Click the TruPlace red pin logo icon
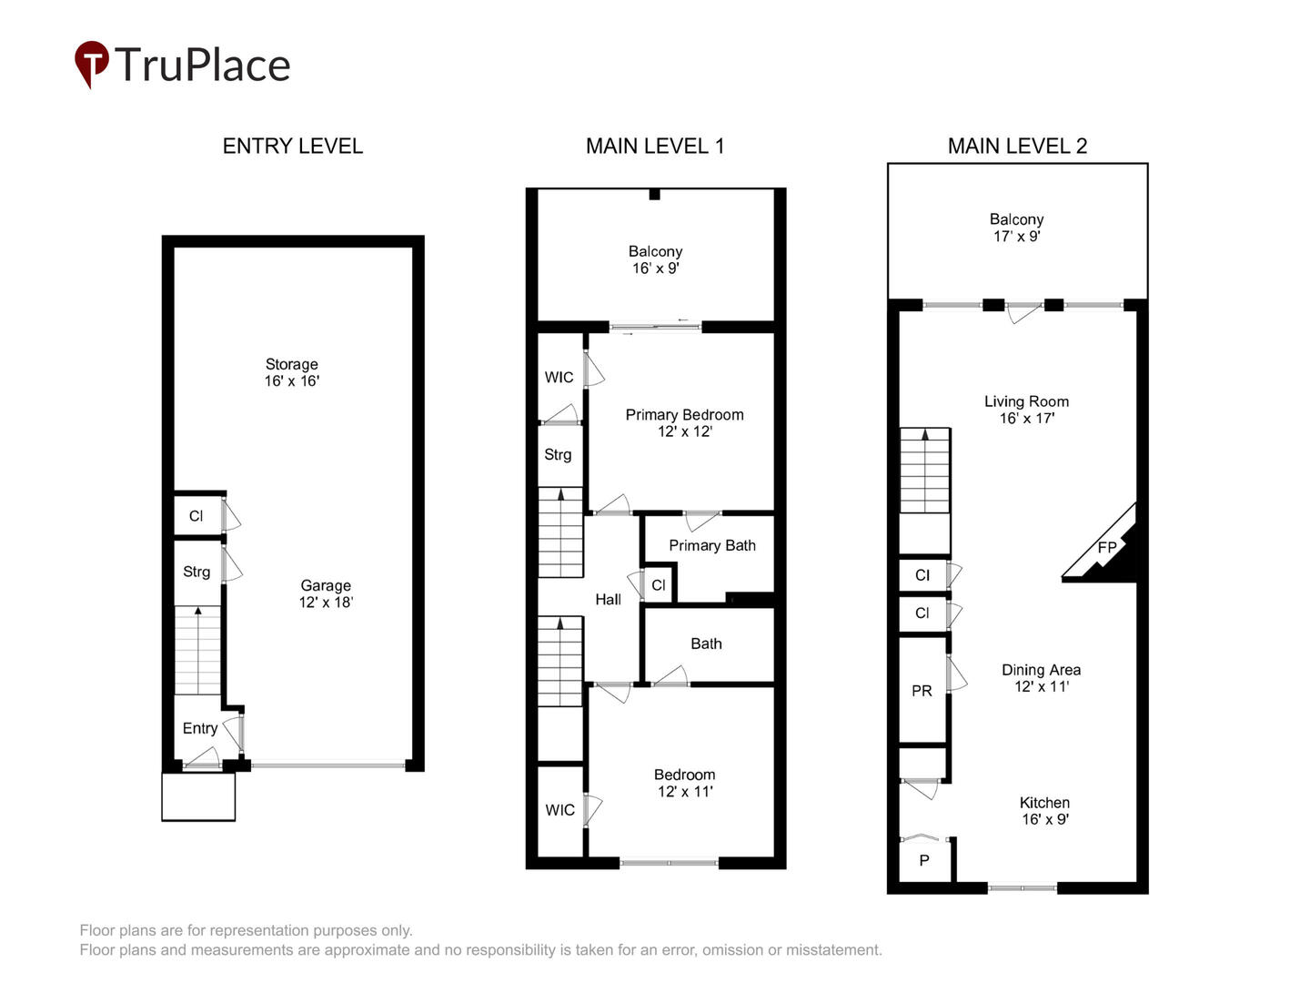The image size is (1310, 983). [x=91, y=63]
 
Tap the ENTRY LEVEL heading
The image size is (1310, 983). [x=292, y=147]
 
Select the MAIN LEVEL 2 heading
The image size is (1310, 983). [x=1017, y=147]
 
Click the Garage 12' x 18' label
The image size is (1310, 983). [x=326, y=593]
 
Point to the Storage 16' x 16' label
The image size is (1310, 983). [x=292, y=372]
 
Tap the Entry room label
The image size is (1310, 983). [x=200, y=729]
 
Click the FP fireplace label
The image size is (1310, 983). [x=1106, y=547]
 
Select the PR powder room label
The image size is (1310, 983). [x=922, y=691]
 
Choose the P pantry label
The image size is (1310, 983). [x=924, y=860]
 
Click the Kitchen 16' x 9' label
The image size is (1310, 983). [x=1044, y=810]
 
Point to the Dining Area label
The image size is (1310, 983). [x=1041, y=670]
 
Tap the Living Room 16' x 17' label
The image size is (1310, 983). [x=1026, y=410]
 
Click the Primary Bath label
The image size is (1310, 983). [x=712, y=545]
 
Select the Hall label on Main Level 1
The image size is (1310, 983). [x=609, y=599]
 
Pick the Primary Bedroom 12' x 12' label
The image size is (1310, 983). [x=684, y=423]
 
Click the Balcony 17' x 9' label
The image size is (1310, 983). [x=1016, y=228]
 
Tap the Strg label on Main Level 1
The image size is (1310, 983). [x=558, y=455]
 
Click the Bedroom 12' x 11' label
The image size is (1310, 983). [x=684, y=783]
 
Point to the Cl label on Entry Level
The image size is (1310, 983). [x=196, y=516]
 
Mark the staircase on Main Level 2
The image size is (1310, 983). [x=924, y=470]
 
